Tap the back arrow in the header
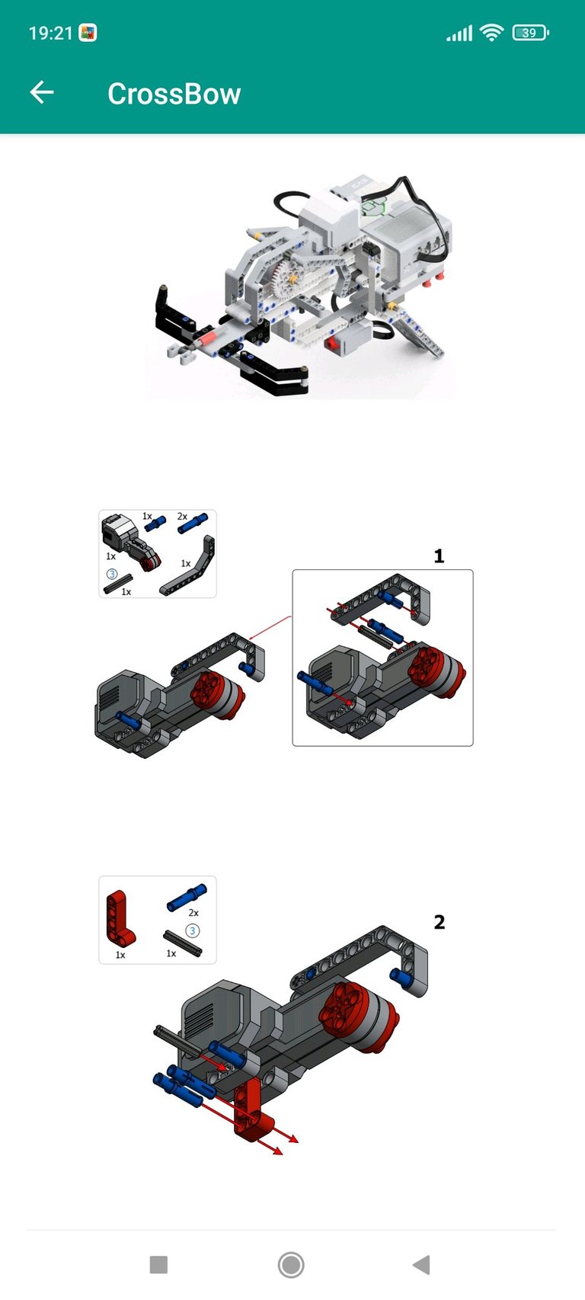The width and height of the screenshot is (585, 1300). (x=42, y=92)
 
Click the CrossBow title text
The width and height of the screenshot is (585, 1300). (x=174, y=94)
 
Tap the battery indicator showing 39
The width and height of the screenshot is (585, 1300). (x=530, y=33)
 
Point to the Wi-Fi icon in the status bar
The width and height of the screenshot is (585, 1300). (x=491, y=33)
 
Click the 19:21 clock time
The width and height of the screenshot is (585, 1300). (x=50, y=33)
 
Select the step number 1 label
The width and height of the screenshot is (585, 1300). (x=440, y=556)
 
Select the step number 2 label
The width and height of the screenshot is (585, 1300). (x=440, y=922)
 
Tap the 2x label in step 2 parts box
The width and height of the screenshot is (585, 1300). (x=193, y=913)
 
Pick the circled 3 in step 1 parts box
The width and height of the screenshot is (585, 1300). (x=111, y=573)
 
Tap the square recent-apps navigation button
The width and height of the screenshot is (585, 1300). (x=158, y=1264)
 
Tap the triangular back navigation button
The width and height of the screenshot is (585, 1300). (x=422, y=1264)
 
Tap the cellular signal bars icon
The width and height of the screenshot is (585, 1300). (x=459, y=34)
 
